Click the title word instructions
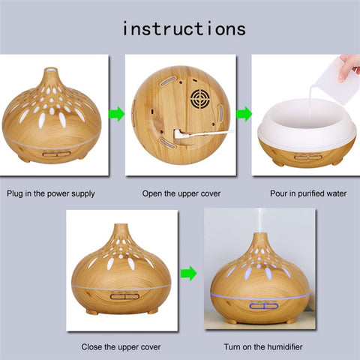coord(183,28)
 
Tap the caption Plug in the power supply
coord(51,193)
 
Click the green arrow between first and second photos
coord(115,115)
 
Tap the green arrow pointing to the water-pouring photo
coord(243,115)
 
